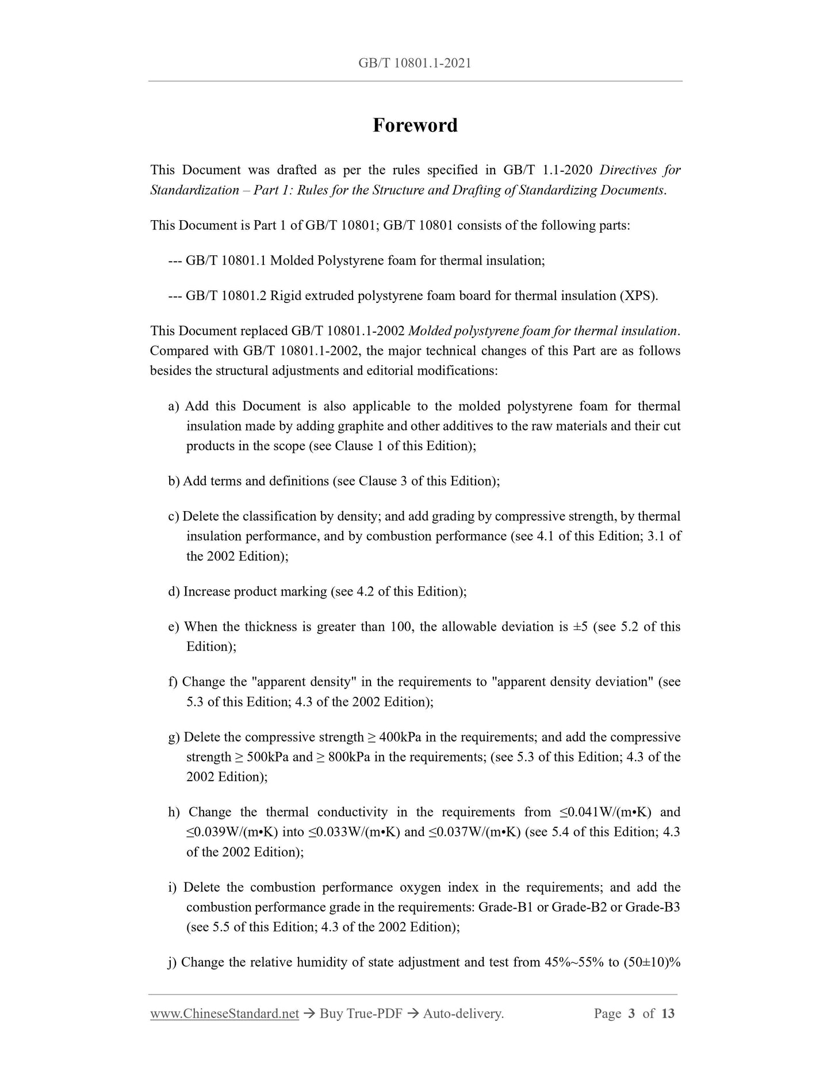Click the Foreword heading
[415, 125]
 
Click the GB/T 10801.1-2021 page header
[415, 63]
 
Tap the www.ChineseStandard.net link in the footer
[224, 1013]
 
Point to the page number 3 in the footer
[631, 1013]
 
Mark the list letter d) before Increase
[174, 592]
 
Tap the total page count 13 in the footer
[668, 1013]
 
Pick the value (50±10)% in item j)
[652, 962]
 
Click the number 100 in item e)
[401, 627]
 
